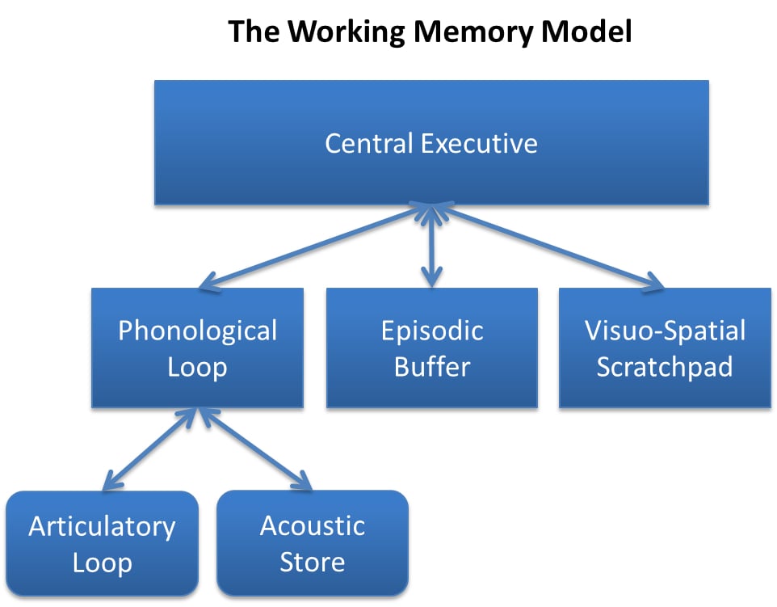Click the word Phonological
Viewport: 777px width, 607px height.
pos(197,331)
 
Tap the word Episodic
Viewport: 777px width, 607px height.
pos(431,331)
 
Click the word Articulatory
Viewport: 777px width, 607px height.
pos(102,526)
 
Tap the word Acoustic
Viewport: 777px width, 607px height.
pos(312,526)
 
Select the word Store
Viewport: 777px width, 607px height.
pos(312,562)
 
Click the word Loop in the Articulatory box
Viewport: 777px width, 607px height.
pos(102,562)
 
